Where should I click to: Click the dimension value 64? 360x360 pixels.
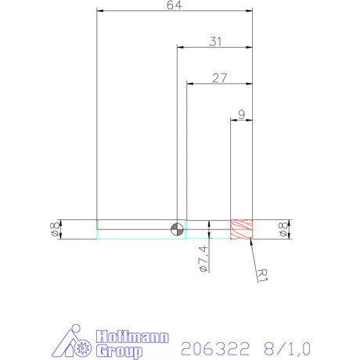pyautogui.click(x=175, y=6)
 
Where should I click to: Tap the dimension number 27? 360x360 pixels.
pyautogui.click(x=220, y=77)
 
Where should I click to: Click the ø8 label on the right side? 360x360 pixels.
pyautogui.click(x=283, y=229)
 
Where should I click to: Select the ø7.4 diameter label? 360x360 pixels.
pyautogui.click(x=203, y=257)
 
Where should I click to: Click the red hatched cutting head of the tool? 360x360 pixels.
pyautogui.click(x=242, y=229)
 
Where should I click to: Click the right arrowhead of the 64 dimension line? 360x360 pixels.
pyautogui.click(x=250, y=11)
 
